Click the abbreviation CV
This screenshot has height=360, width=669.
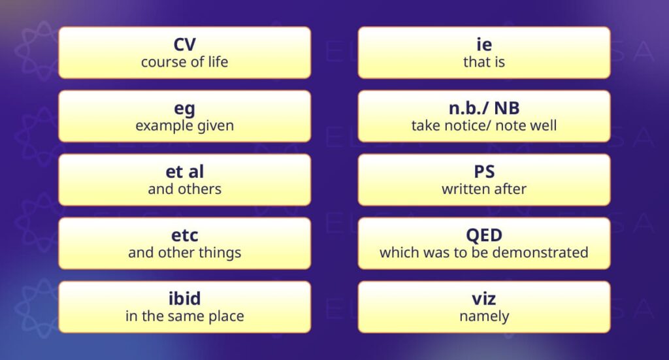point(185,44)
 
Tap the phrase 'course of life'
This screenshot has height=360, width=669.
point(185,62)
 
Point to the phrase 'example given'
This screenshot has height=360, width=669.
point(185,126)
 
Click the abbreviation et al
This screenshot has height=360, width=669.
point(185,171)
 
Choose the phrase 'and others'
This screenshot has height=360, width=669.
point(185,189)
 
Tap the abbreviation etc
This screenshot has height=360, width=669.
point(185,235)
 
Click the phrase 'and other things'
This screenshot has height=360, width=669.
point(185,252)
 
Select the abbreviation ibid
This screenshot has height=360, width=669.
point(185,299)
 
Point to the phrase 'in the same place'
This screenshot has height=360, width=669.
point(185,316)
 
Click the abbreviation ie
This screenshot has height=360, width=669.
point(484,44)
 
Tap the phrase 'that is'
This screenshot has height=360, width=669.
point(484,62)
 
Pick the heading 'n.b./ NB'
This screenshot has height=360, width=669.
point(484,108)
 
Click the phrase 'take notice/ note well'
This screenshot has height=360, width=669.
point(484,125)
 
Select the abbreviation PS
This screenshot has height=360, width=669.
point(484,171)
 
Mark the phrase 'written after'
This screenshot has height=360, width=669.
point(484,189)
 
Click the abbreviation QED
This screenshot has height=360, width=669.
point(484,235)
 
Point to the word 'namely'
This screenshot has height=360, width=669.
point(484,317)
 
